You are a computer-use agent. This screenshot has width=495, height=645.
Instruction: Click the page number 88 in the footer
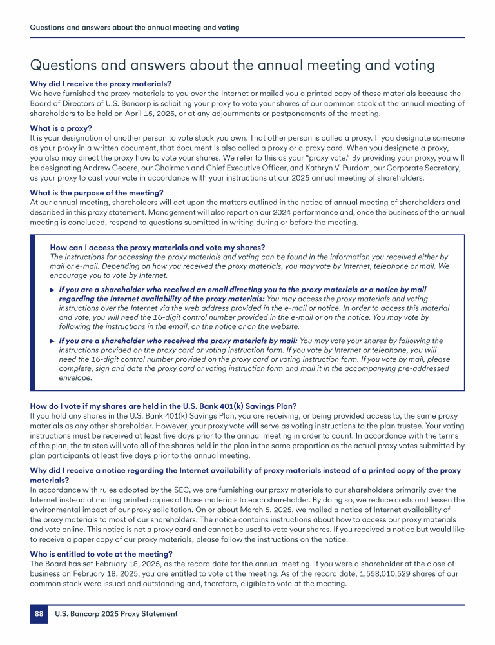click(x=39, y=614)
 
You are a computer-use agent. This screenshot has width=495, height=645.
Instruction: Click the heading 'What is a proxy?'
click(x=61, y=128)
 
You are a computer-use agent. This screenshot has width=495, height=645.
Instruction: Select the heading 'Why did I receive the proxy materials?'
click(x=101, y=84)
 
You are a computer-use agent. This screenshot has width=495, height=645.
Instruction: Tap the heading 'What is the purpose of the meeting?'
click(x=97, y=192)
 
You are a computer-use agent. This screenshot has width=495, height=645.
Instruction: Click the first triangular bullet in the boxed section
click(x=52, y=290)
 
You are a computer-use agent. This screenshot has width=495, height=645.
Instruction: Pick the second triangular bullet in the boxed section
click(x=52, y=341)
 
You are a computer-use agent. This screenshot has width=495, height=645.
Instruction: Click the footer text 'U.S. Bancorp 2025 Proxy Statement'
click(x=116, y=614)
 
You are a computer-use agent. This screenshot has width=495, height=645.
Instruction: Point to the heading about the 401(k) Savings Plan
click(x=164, y=406)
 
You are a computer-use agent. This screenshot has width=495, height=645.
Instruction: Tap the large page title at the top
click(x=232, y=65)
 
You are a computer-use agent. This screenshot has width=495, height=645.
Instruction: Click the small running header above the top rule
click(x=135, y=28)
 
